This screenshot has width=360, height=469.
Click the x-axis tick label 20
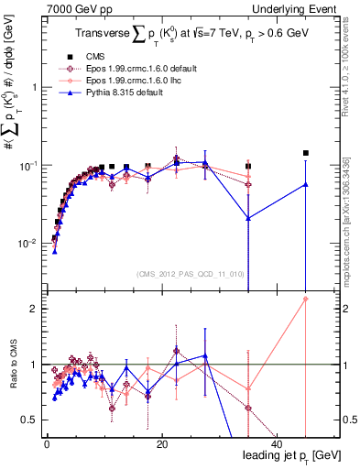tap(161, 443)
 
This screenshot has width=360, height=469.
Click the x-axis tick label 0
tap(47, 443)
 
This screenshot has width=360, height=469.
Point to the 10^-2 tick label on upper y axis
tap(26, 244)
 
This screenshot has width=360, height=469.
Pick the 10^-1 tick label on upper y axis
tap(26, 166)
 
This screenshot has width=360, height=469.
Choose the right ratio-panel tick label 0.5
tap(348, 420)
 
